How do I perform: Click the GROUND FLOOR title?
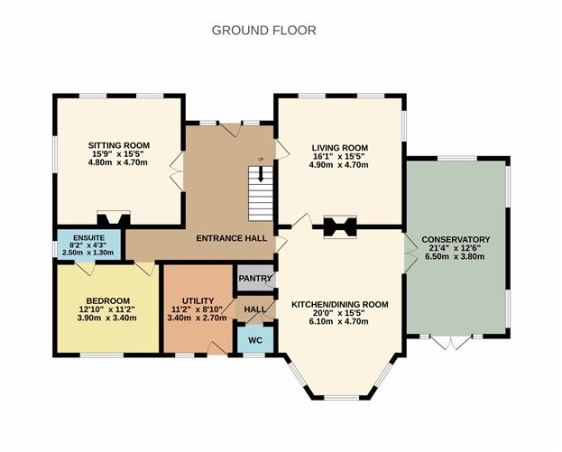(264, 31)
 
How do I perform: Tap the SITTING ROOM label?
(119, 145)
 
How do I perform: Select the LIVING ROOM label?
(340, 148)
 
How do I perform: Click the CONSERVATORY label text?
(456, 239)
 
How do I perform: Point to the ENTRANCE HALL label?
(232, 238)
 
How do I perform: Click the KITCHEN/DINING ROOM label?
(340, 305)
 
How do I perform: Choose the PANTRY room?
(254, 278)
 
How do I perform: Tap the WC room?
(255, 339)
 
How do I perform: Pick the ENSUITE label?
(89, 238)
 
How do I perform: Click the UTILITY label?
(198, 300)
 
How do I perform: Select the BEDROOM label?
(108, 300)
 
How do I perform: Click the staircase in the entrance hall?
(261, 194)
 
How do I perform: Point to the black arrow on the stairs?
(261, 174)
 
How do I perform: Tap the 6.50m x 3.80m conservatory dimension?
(455, 256)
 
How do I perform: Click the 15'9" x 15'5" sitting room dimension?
(117, 154)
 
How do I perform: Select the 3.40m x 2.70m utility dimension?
(198, 318)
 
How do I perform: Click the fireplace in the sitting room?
(114, 218)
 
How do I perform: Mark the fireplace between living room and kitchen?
(340, 226)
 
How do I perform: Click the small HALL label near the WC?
(254, 309)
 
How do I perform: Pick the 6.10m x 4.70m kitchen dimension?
(338, 321)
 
